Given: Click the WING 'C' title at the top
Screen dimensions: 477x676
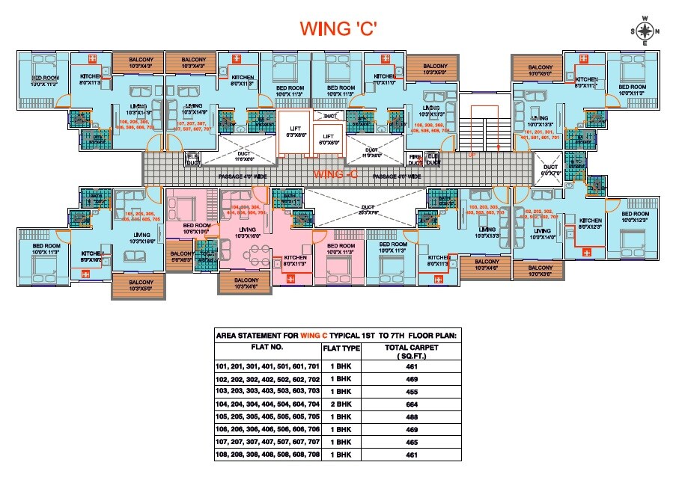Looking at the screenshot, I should coord(338,28).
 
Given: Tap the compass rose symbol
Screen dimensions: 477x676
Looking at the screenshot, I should coord(645,31).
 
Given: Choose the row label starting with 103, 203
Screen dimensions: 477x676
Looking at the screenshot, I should coord(267,391).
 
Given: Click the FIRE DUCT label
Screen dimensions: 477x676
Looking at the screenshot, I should coord(415,159).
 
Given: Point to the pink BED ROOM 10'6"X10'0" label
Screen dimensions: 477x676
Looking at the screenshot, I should coord(197,228).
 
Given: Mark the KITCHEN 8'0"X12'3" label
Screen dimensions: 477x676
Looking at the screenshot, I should coord(590,224).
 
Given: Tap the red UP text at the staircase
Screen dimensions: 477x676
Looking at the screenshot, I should coord(472,156).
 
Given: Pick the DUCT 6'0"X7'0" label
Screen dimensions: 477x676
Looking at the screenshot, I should coord(551,170).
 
